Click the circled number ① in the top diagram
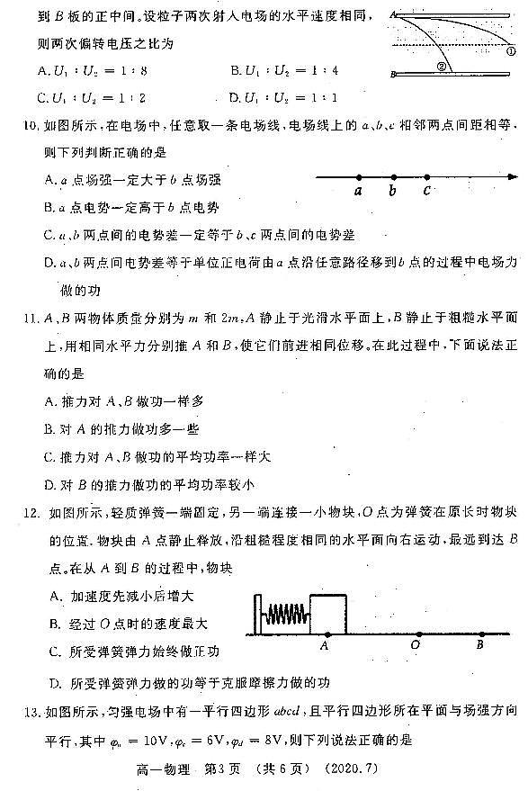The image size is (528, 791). (510, 52)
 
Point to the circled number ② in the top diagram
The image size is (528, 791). (441, 66)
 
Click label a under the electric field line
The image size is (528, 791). (358, 191)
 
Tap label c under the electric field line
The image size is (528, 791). (426, 191)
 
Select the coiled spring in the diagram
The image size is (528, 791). (285, 616)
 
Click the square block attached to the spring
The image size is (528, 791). (327, 614)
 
